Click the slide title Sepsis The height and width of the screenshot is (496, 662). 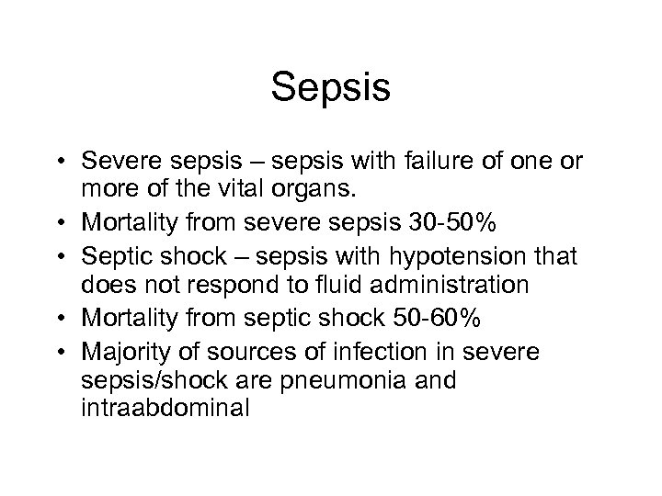click(x=331, y=90)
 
